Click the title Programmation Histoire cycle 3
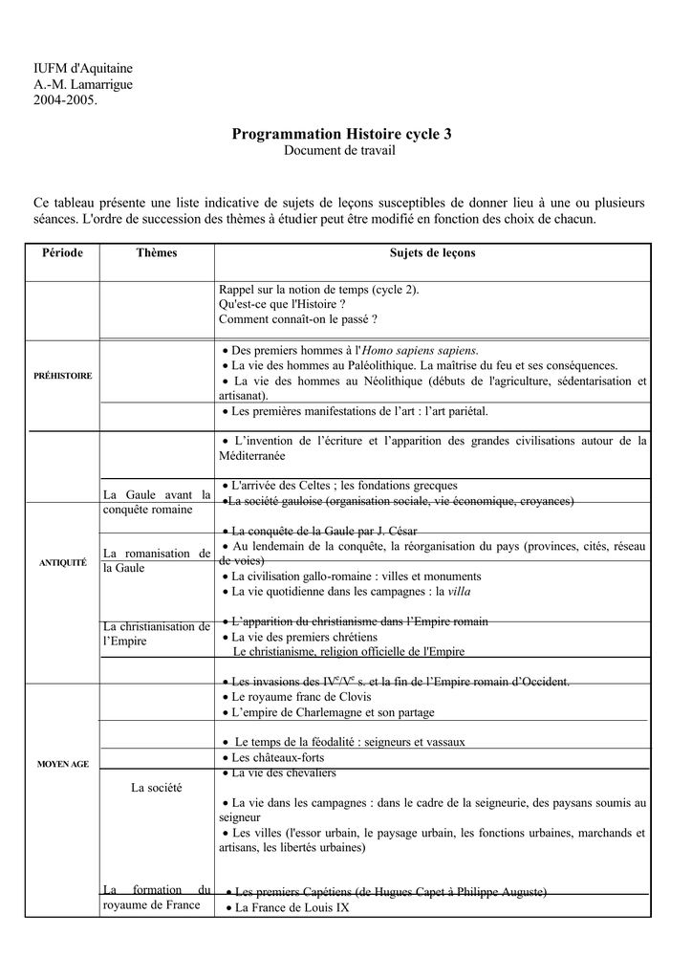[341, 135]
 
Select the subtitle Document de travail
[339, 151]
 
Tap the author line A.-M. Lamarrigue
[83, 84]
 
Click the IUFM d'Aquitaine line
[83, 68]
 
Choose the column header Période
[62, 253]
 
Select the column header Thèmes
[157, 253]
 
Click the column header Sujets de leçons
[432, 253]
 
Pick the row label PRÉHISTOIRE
[62, 376]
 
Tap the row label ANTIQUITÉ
[62, 563]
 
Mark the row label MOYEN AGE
[62, 765]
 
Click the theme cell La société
[157, 788]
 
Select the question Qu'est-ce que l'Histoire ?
[282, 304]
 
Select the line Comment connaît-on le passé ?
[298, 319]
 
